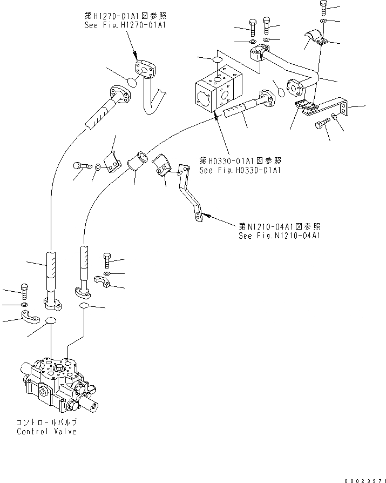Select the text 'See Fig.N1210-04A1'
coord(279,236)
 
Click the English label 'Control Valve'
coord(46,431)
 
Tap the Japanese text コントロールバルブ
coord(47,422)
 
